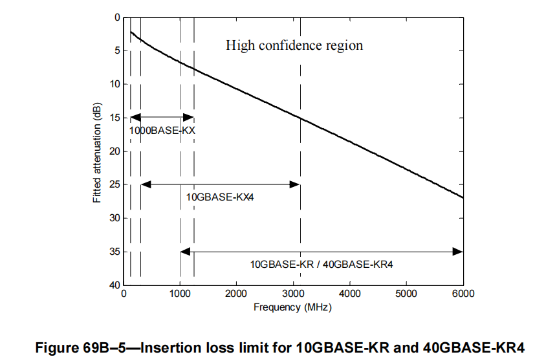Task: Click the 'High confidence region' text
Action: (x=294, y=46)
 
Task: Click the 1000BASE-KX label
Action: (x=162, y=130)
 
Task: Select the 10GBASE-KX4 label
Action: (x=220, y=197)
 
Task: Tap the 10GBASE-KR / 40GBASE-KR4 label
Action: (x=322, y=264)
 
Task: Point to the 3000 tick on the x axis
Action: (x=293, y=293)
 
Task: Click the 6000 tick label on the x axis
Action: (x=463, y=293)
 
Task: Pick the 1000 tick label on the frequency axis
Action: (x=180, y=293)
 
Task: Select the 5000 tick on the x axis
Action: (x=406, y=293)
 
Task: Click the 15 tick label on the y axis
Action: (x=115, y=118)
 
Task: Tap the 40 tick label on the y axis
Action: (x=115, y=285)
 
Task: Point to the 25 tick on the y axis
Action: (x=115, y=184)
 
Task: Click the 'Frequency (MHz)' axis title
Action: (x=292, y=307)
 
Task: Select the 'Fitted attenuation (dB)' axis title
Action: (x=97, y=152)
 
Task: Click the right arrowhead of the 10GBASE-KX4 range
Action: (x=296, y=184)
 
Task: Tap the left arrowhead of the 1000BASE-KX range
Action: (x=135, y=117)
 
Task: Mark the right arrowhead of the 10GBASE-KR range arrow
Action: (x=458, y=251)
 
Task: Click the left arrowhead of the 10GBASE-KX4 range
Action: (x=146, y=184)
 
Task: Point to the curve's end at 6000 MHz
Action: (x=463, y=197)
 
